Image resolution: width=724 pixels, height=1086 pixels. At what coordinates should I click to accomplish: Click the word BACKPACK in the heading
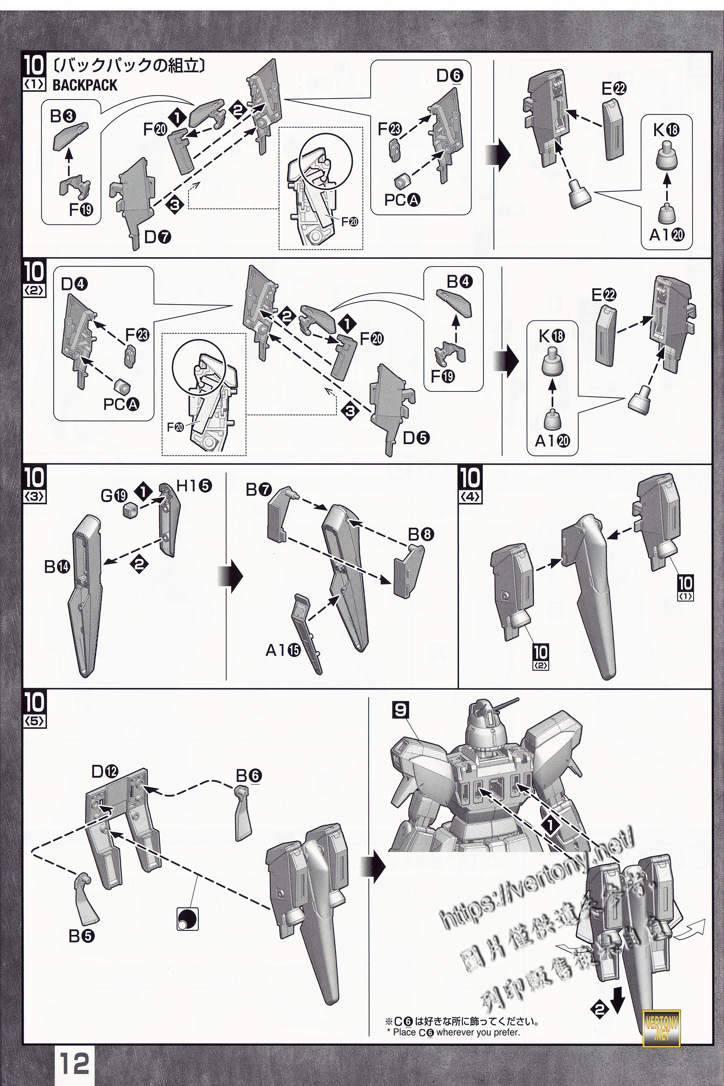(85, 86)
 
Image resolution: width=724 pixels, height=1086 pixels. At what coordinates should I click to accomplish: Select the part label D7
(157, 237)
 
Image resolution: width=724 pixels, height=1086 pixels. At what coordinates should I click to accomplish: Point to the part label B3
(63, 116)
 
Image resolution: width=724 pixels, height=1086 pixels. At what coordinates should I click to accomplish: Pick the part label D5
(416, 438)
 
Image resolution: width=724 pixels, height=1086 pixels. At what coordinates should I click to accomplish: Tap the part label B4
(459, 281)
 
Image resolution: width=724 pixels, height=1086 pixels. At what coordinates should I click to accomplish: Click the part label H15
(195, 485)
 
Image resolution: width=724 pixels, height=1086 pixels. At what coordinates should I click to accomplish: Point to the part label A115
(282, 651)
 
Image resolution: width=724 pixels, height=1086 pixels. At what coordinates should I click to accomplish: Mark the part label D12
(105, 771)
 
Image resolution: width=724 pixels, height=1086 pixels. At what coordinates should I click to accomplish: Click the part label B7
(259, 490)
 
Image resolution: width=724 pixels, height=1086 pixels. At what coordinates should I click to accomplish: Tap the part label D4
(74, 284)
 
